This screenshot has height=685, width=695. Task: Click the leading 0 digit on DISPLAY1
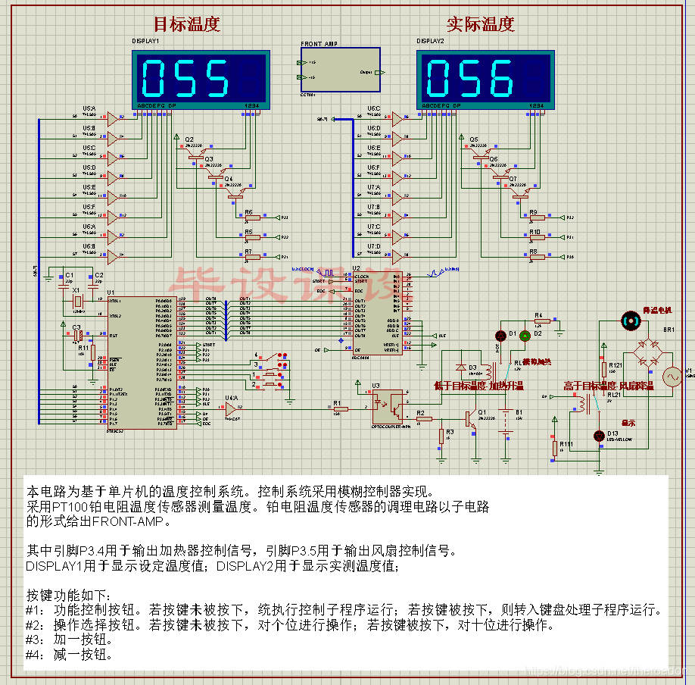155,77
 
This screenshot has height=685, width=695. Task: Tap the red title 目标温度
186,23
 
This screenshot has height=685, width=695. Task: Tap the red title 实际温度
480,23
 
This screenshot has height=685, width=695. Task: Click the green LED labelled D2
524,336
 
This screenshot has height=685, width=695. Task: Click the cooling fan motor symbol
628,321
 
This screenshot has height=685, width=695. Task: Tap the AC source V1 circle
672,376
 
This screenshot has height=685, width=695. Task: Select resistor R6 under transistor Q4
251,217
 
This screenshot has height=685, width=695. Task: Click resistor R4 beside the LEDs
542,321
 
